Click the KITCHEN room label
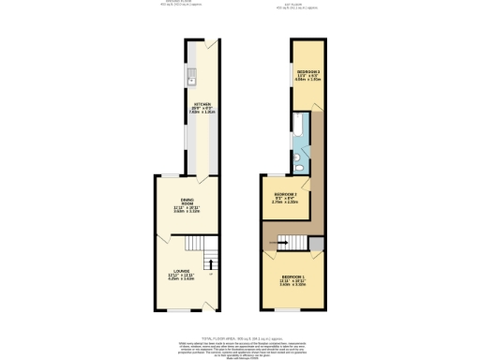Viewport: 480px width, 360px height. coord(202,107)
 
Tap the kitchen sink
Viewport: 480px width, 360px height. coord(189,74)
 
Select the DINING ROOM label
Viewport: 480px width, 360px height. coord(188,205)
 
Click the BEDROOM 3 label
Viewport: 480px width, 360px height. coord(309,76)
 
